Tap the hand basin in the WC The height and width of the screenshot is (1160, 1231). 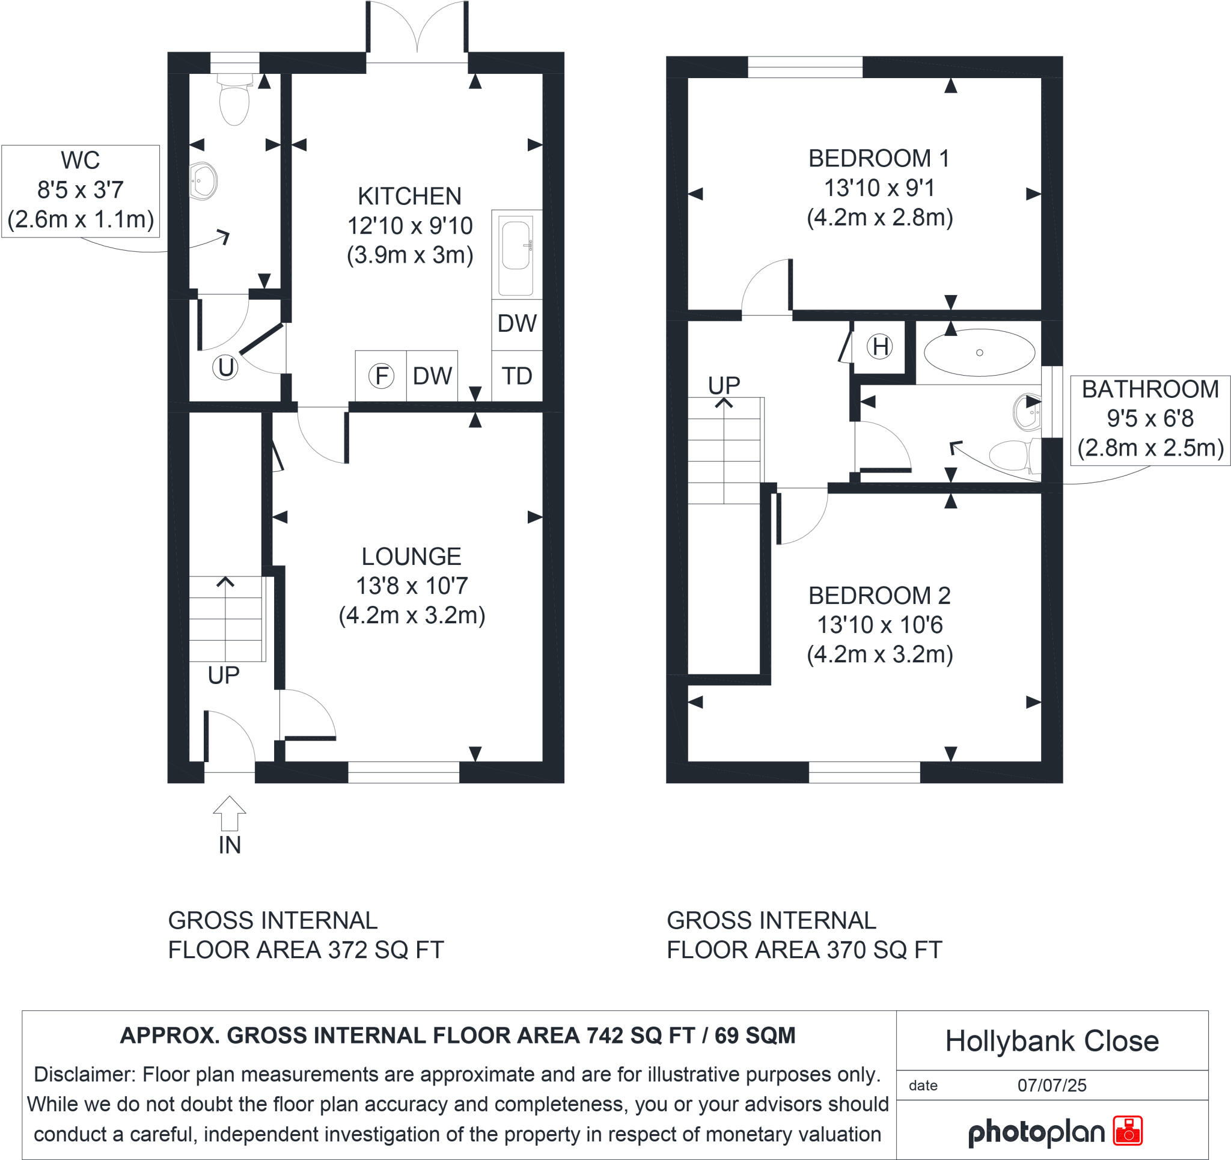203,181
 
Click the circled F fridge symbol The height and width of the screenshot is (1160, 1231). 381,375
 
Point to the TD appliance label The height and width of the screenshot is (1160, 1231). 516,375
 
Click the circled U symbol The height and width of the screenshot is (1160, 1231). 225,367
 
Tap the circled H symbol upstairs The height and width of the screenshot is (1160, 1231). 880,346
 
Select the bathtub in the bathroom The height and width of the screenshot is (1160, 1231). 979,353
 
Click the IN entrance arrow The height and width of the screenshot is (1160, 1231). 230,813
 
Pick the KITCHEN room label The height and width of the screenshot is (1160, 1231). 409,197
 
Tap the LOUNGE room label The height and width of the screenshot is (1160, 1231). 411,556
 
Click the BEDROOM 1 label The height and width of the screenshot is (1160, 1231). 879,159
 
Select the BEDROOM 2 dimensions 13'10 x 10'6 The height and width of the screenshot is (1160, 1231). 879,625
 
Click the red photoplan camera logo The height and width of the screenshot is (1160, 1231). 1128,1131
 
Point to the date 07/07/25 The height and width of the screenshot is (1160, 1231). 1051,1085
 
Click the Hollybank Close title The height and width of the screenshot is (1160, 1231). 1051,1041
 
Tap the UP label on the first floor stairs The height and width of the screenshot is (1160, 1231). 724,385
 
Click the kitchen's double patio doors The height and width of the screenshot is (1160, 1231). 417,31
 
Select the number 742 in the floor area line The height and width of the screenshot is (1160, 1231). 603,1036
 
